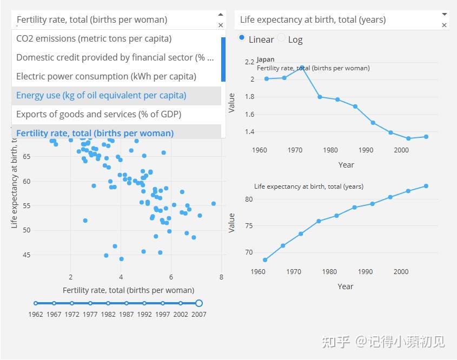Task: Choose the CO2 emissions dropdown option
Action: click(x=94, y=39)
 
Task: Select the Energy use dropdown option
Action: click(x=101, y=96)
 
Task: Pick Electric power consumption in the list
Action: click(x=106, y=77)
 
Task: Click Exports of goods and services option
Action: click(x=98, y=115)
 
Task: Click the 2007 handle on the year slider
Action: click(x=199, y=303)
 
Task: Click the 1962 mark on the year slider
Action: click(x=36, y=303)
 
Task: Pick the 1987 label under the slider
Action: click(x=127, y=314)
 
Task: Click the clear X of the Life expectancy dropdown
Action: click(x=445, y=25)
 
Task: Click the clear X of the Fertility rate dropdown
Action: click(x=221, y=25)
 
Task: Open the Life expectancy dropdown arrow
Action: click(x=445, y=14)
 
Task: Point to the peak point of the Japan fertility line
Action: click(x=302, y=68)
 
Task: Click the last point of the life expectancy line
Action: click(x=426, y=186)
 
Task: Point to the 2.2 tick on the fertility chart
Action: click(x=249, y=62)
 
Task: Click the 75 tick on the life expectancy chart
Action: click(x=249, y=225)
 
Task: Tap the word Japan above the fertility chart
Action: click(x=266, y=59)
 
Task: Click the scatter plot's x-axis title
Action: click(x=128, y=290)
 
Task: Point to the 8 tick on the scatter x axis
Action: click(x=221, y=277)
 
